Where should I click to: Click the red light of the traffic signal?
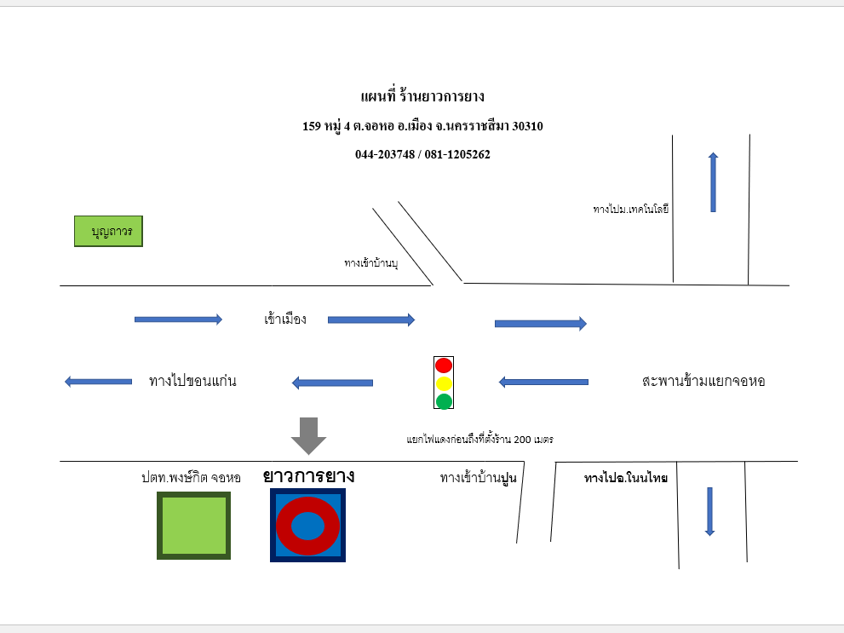[x=444, y=365]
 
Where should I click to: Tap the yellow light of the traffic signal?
[x=444, y=383]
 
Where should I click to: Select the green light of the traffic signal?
[x=444, y=401]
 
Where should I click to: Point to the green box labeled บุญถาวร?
[x=108, y=232]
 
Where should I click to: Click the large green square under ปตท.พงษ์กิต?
[x=194, y=526]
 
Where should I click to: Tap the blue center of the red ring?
[x=308, y=526]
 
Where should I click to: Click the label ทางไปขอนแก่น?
[x=192, y=381]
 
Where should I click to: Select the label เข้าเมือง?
[x=285, y=319]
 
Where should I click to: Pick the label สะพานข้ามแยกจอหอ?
[x=703, y=381]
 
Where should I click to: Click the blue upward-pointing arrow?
[x=713, y=182]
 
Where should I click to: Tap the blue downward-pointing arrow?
[x=710, y=511]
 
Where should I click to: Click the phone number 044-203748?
[x=385, y=154]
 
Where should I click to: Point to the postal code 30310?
[x=527, y=126]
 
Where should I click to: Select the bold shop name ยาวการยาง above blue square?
[x=308, y=476]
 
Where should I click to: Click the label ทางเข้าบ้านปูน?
[x=478, y=478]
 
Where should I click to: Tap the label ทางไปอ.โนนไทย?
[x=625, y=478]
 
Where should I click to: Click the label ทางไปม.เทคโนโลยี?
[x=631, y=209]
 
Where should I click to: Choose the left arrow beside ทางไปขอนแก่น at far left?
[x=98, y=382]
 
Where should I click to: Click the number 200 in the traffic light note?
[x=522, y=440]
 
